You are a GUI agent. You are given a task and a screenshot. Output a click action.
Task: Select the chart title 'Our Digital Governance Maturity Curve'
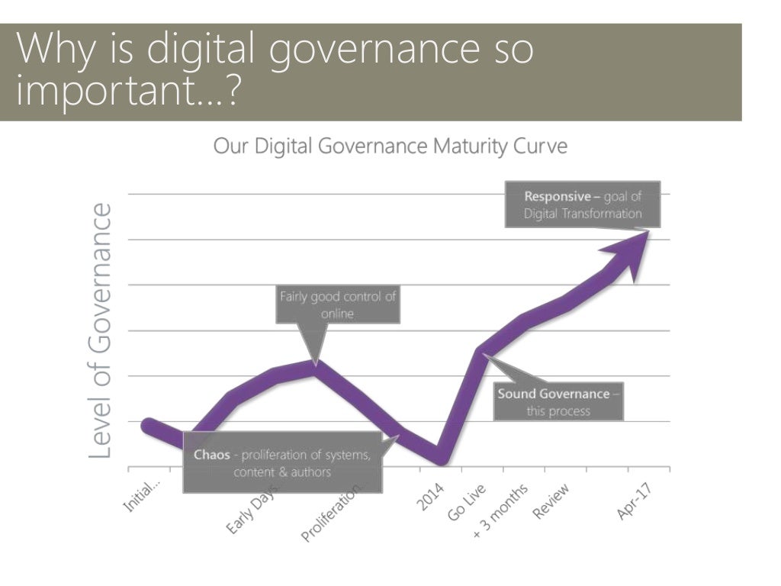pyautogui.click(x=390, y=146)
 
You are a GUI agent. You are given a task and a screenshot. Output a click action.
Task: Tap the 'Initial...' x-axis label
pyautogui.click(x=143, y=496)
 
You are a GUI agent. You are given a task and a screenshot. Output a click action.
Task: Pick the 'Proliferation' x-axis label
pyautogui.click(x=333, y=513)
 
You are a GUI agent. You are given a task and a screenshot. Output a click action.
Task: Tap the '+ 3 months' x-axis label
pyautogui.click(x=500, y=510)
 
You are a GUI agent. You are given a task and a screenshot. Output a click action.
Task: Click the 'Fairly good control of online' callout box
pyautogui.click(x=338, y=304)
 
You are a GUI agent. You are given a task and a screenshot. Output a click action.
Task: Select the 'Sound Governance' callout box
pyautogui.click(x=558, y=402)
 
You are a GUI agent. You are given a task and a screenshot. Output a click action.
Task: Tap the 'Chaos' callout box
pyautogui.click(x=282, y=463)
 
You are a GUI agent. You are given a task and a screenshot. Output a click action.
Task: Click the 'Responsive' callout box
pyautogui.click(x=583, y=204)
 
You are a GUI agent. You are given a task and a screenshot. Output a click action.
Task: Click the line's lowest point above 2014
pyautogui.click(x=442, y=458)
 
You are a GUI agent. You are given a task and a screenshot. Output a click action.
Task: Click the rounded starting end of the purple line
pyautogui.click(x=148, y=425)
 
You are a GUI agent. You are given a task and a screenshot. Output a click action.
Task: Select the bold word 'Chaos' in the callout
pyautogui.click(x=212, y=456)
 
